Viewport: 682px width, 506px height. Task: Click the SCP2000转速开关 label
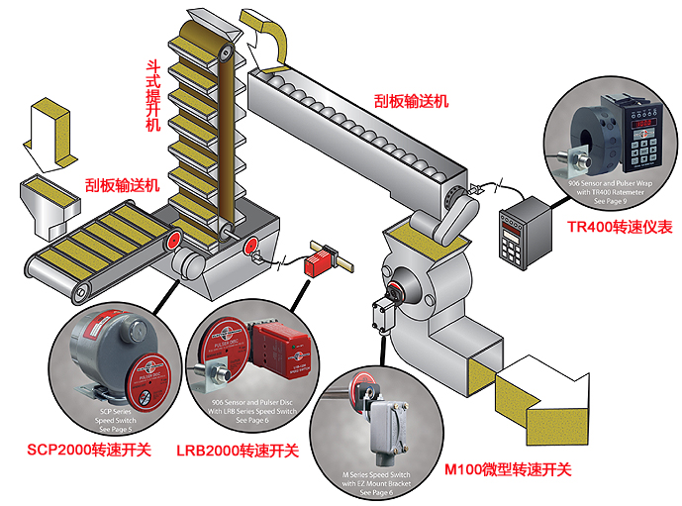click(x=95, y=449)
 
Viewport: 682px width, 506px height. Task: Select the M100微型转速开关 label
click(x=508, y=467)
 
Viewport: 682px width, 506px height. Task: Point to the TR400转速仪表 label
click(x=620, y=227)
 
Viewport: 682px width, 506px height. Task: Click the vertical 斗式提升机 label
click(x=152, y=94)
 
